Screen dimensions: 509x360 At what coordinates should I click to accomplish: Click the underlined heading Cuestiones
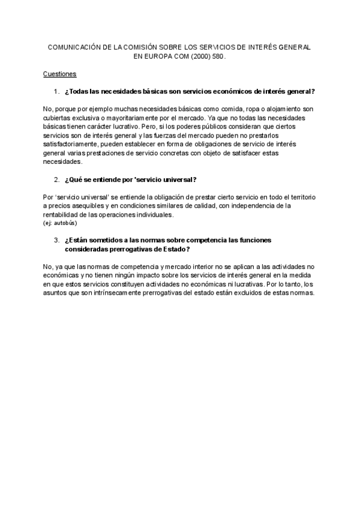tap(59, 74)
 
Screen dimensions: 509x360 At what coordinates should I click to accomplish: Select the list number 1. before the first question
tap(56, 91)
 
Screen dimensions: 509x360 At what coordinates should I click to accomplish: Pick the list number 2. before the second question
tap(56, 179)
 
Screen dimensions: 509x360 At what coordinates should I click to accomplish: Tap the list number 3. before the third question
tap(56, 240)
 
